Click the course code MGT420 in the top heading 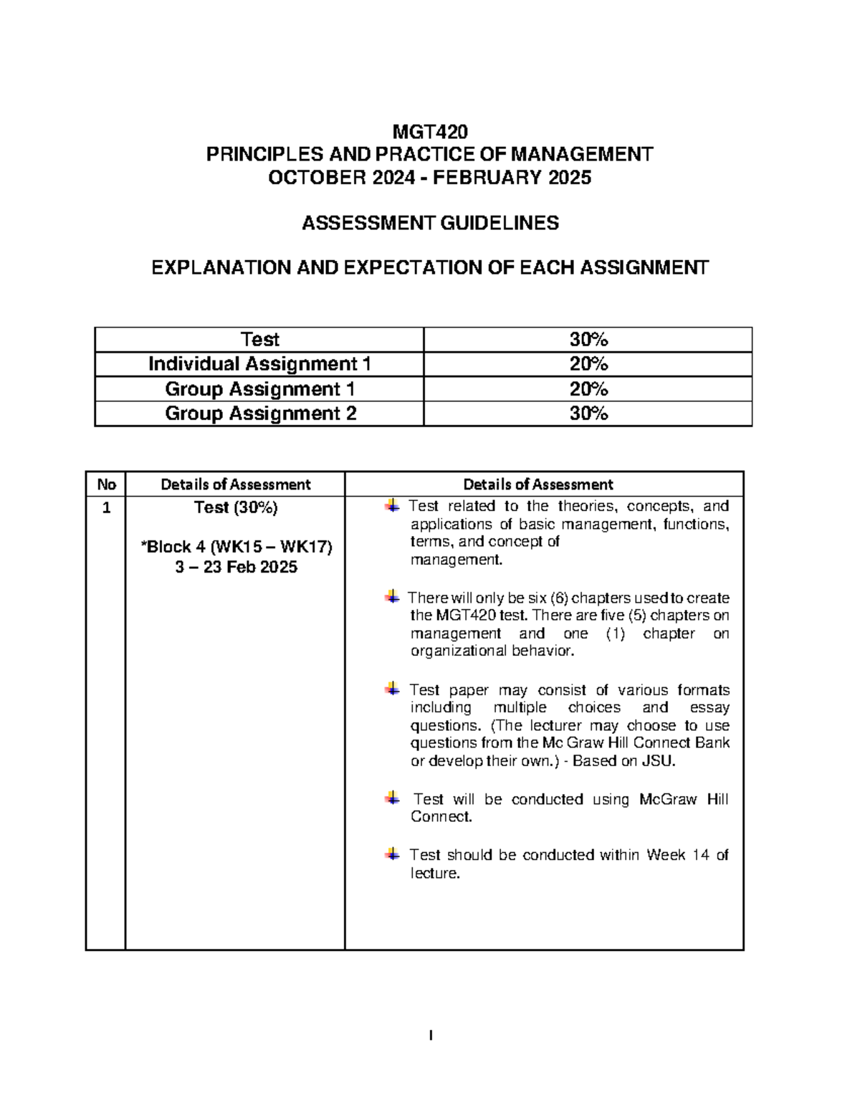point(429,132)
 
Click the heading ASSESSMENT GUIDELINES point(429,223)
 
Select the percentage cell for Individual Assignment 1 point(588,364)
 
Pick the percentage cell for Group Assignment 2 point(588,414)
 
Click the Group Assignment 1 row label point(260,389)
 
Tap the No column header point(106,484)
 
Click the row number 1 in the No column point(106,509)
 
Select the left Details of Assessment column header point(235,484)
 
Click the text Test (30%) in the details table point(235,507)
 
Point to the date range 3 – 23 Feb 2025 point(235,568)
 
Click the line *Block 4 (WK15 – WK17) point(236,548)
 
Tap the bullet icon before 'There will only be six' point(391,596)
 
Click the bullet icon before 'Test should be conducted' point(391,854)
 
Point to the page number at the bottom point(430,1035)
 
